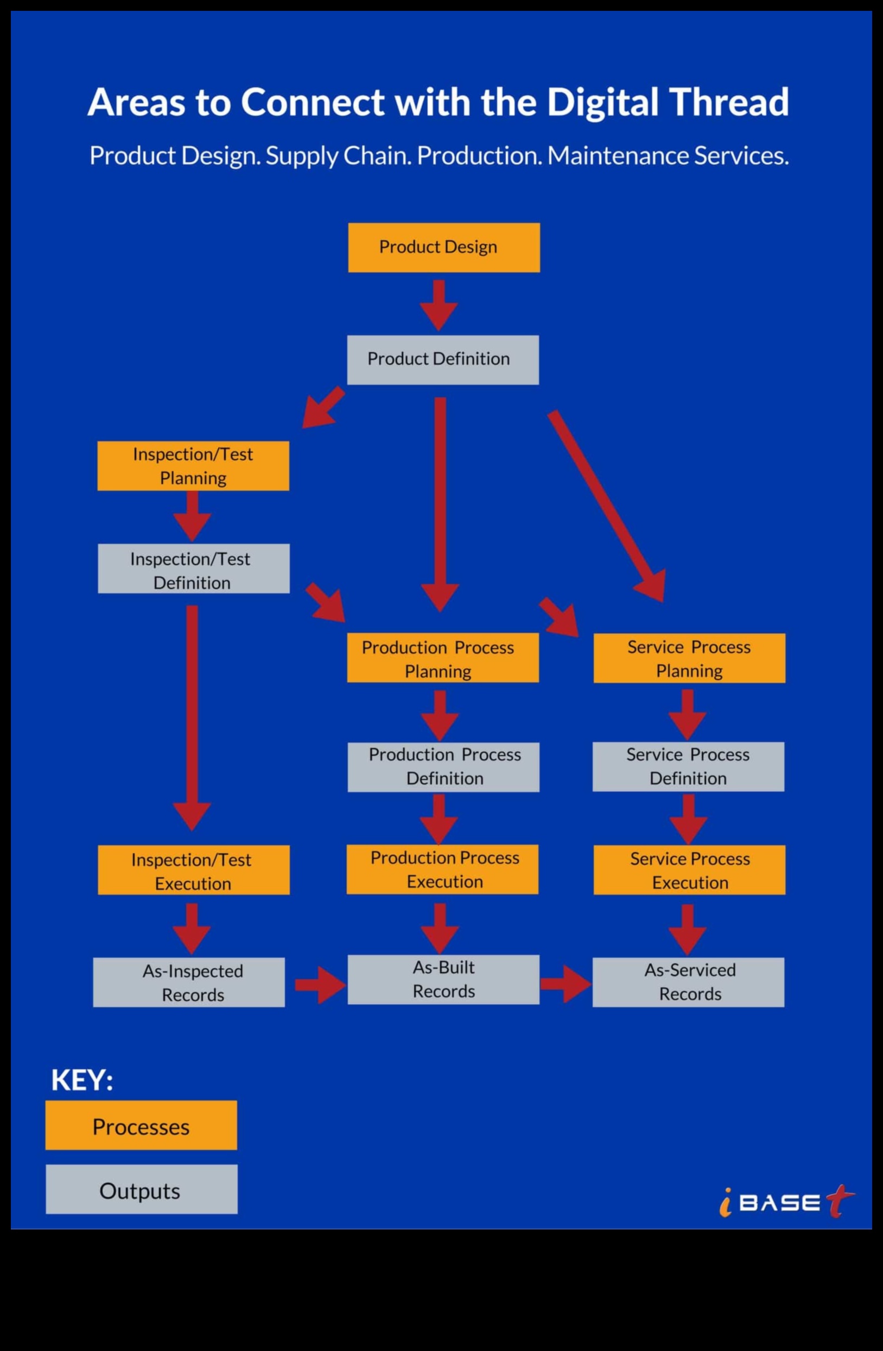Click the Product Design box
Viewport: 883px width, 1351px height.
click(x=444, y=248)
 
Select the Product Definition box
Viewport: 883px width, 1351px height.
click(x=443, y=360)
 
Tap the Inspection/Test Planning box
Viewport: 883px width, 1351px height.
click(x=193, y=466)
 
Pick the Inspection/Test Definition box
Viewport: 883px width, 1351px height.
click(x=194, y=569)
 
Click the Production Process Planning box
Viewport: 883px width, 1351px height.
click(x=443, y=658)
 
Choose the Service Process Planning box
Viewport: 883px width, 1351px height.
click(x=689, y=658)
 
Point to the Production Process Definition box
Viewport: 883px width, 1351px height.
click(x=443, y=767)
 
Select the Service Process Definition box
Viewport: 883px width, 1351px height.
click(x=688, y=767)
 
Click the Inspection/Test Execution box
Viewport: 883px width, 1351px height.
click(x=194, y=870)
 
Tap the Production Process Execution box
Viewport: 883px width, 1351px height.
click(x=443, y=870)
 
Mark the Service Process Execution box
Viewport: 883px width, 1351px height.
click(x=689, y=870)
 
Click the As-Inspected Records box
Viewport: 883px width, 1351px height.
click(x=189, y=982)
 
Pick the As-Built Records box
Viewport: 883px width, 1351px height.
click(x=443, y=980)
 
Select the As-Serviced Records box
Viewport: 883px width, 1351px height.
click(x=688, y=982)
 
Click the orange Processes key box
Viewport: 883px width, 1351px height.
click(x=141, y=1126)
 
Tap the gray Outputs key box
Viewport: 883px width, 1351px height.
click(x=141, y=1190)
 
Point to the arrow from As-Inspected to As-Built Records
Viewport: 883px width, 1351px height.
click(x=320, y=985)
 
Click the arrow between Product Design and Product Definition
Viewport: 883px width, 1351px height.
click(x=439, y=305)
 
